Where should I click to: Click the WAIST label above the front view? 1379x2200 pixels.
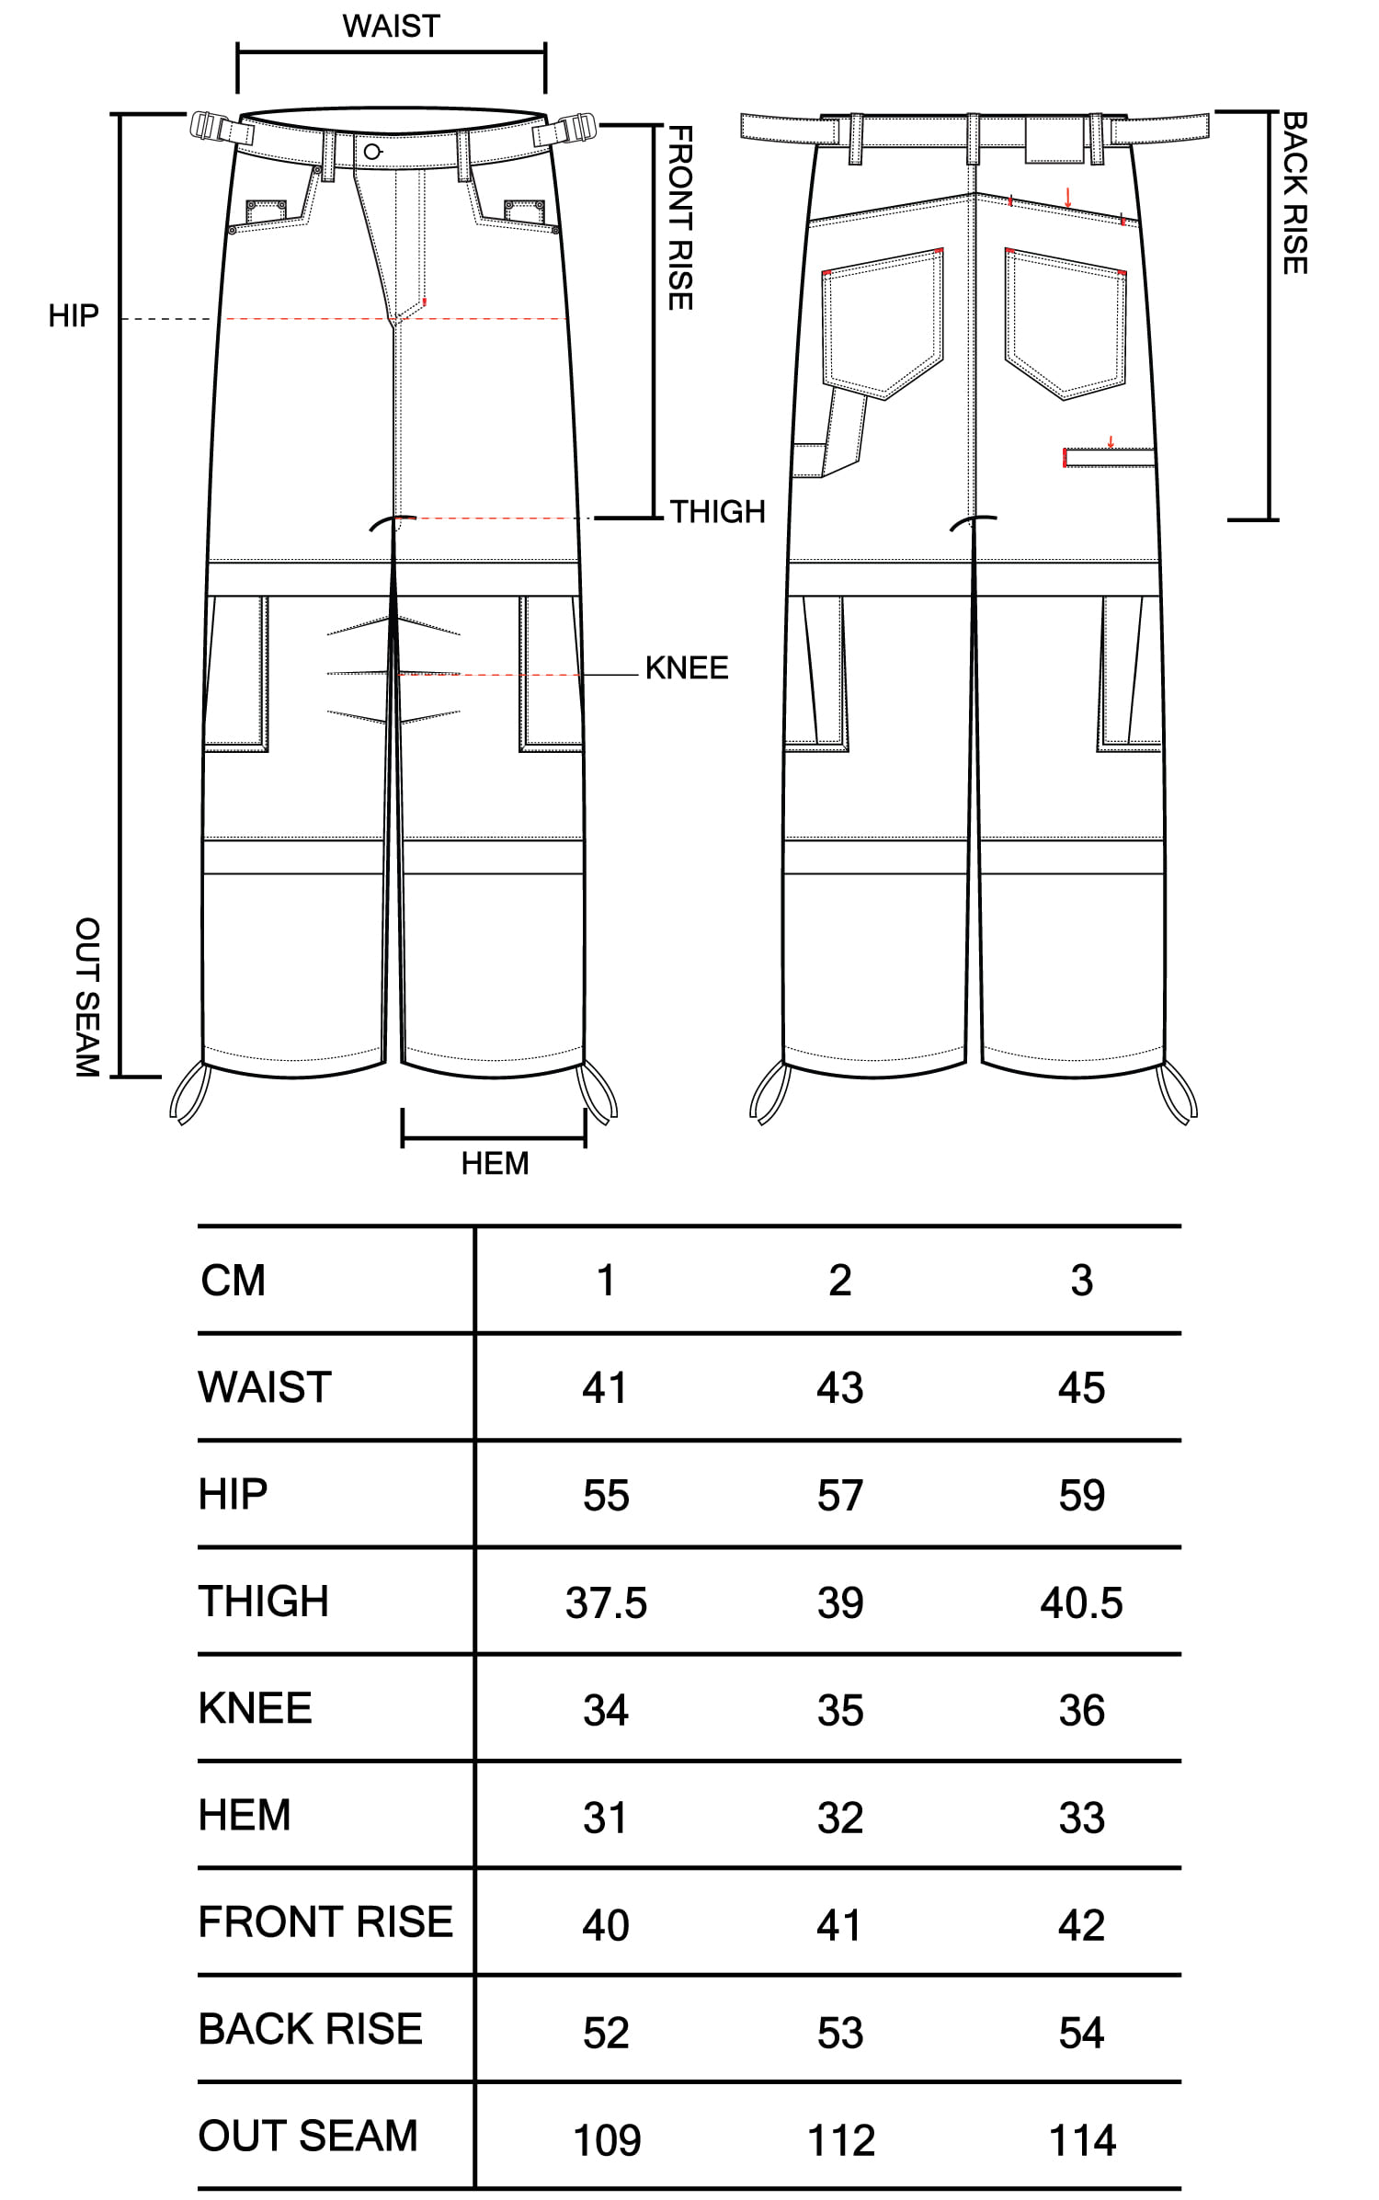[392, 26]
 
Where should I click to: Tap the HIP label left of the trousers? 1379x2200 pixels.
[74, 316]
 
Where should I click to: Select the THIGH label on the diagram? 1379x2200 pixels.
[718, 511]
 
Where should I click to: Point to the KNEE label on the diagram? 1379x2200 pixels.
[687, 667]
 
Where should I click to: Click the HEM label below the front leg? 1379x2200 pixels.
[495, 1163]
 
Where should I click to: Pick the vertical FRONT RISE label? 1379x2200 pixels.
[679, 219]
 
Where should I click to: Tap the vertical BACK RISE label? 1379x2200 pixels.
[1294, 193]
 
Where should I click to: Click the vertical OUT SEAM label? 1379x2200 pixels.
[87, 997]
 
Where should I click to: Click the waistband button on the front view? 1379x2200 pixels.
[371, 152]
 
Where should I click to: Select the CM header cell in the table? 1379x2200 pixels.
[234, 1280]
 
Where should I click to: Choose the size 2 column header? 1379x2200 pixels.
[840, 1280]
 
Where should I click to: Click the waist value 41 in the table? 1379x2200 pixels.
[605, 1387]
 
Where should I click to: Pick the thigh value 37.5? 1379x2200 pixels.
[606, 1602]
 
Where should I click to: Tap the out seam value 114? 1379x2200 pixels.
[1082, 2140]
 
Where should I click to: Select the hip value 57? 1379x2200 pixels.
[840, 1495]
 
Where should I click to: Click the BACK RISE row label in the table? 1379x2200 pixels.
[311, 2029]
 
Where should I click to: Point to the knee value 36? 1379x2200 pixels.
[1082, 1710]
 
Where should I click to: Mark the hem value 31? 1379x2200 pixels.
[605, 1818]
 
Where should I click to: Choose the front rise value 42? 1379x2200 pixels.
[1082, 1925]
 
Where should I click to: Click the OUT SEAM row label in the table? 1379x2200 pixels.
[309, 2136]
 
